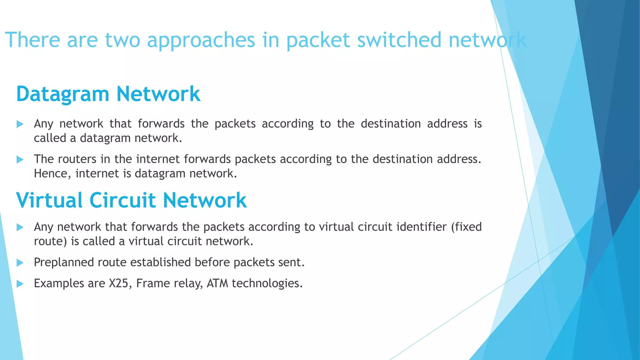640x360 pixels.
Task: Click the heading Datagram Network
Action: pos(108,94)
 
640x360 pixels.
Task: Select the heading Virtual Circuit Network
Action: pos(131,200)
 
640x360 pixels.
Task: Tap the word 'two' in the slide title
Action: pos(122,40)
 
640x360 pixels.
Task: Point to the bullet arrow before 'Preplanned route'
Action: pos(20,262)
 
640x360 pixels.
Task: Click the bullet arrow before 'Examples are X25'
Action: pos(20,284)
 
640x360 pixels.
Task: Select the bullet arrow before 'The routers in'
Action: pos(20,160)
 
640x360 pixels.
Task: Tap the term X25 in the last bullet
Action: pos(118,283)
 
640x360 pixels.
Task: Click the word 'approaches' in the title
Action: pos(201,40)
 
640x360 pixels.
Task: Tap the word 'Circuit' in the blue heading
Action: pos(122,200)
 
